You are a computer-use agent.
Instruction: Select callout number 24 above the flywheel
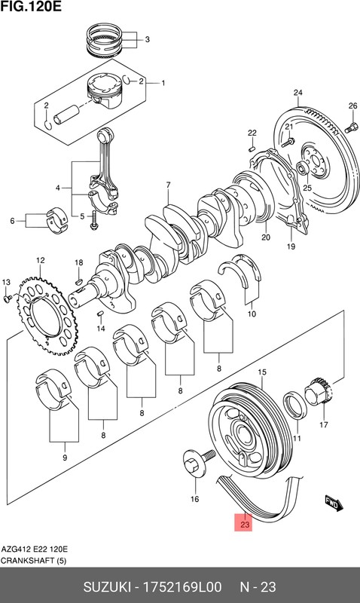(297, 93)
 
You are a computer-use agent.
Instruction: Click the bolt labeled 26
(353, 126)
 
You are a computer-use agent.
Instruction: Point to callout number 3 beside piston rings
(147, 40)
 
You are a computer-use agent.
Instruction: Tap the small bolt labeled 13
(6, 298)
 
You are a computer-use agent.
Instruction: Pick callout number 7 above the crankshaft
(169, 185)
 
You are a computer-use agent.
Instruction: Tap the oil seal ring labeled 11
(294, 405)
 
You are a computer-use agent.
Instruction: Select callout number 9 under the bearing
(64, 458)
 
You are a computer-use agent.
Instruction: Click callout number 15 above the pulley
(263, 372)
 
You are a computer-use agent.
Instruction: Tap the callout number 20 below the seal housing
(265, 237)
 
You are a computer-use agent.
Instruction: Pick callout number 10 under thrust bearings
(252, 314)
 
